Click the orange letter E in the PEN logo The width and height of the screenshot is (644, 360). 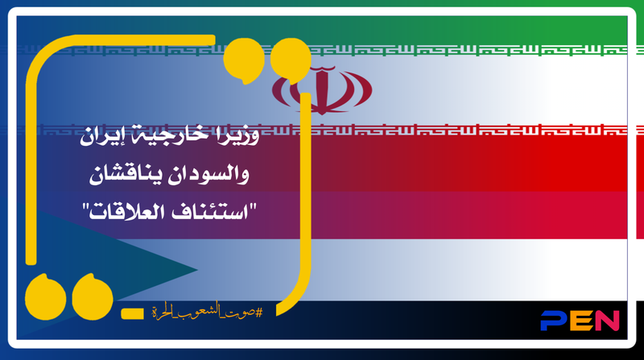(581, 321)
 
